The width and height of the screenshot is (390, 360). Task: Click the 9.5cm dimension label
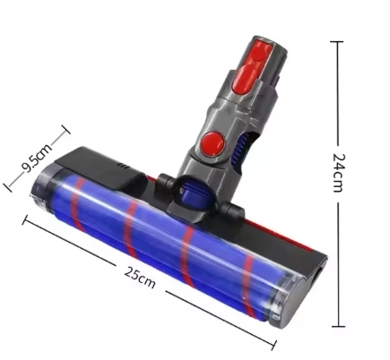tap(37, 158)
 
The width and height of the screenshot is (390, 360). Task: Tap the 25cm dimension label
tap(140, 278)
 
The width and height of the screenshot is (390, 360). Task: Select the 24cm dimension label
tap(339, 173)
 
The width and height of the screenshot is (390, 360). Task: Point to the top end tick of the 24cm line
tap(337, 42)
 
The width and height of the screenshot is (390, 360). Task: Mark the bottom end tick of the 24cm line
tap(339, 326)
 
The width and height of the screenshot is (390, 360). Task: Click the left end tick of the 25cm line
tap(25, 219)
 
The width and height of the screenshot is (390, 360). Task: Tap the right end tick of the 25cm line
tap(274, 345)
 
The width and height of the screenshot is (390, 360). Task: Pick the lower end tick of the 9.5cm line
tap(7, 187)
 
